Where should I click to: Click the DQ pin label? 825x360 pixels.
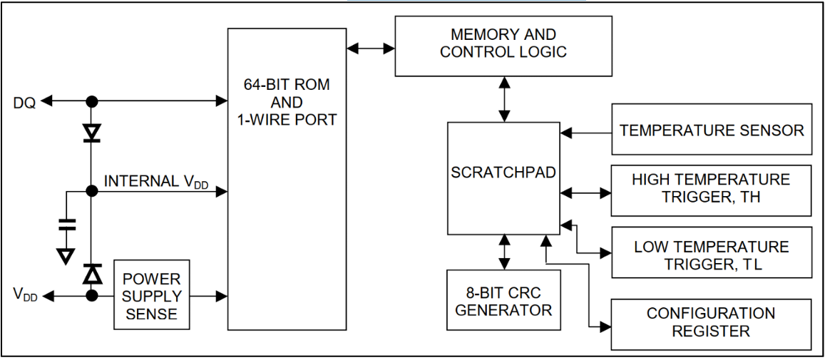(x=24, y=102)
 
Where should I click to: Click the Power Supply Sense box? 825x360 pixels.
(x=152, y=294)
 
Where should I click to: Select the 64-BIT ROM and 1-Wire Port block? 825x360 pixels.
(x=287, y=178)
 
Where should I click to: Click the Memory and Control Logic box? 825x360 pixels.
(x=503, y=45)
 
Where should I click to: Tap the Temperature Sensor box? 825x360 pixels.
(x=711, y=130)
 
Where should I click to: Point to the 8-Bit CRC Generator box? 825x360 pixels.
(x=503, y=300)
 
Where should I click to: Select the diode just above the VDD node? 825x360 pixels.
(x=91, y=273)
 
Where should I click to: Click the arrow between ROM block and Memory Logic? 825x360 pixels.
(x=371, y=48)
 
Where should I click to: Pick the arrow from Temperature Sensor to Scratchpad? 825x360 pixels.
(x=585, y=131)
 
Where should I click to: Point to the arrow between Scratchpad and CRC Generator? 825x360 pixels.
(x=505, y=252)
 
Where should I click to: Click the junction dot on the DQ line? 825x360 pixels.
(x=91, y=102)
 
